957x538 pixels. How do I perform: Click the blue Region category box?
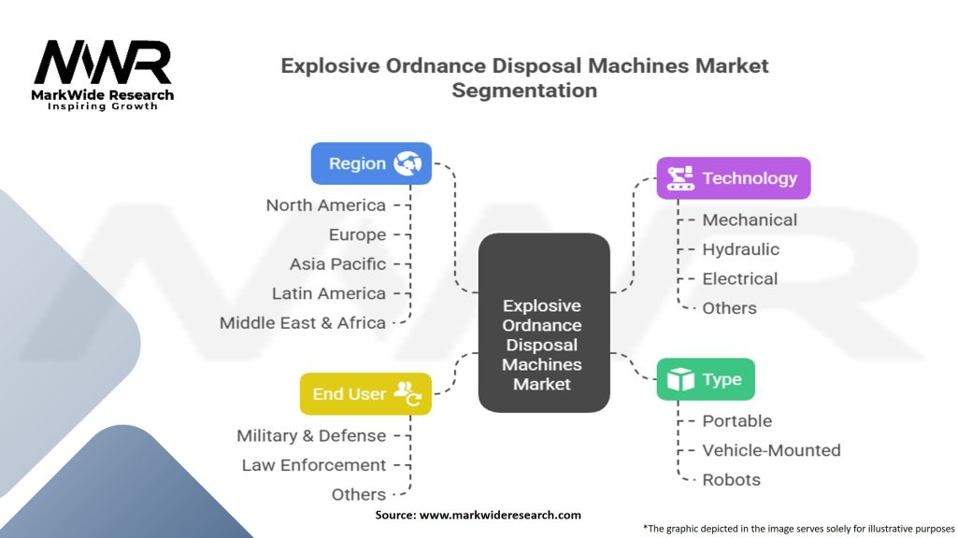point(371,163)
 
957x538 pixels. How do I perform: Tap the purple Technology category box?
point(734,178)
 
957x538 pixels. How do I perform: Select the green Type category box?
point(706,379)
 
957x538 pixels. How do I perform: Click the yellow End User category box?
point(365,394)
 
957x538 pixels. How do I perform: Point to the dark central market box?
point(544,322)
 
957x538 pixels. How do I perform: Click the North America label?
point(326,205)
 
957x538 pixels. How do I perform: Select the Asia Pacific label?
point(337,264)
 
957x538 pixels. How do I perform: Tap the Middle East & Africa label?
point(303,322)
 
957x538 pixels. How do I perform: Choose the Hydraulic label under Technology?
point(740,249)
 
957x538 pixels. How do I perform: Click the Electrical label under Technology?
point(740,278)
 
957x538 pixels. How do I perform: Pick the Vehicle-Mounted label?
point(771,450)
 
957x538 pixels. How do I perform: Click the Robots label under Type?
point(731,479)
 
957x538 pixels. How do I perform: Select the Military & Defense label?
point(311,435)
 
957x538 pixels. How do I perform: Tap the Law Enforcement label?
point(314,465)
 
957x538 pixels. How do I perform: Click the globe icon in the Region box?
point(407,163)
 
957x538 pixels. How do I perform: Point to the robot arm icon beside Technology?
point(680,178)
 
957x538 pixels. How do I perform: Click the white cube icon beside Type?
point(680,379)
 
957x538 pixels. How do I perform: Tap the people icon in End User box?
point(407,394)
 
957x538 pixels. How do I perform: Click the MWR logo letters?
point(103,63)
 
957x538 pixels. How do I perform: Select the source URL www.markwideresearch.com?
point(500,515)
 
